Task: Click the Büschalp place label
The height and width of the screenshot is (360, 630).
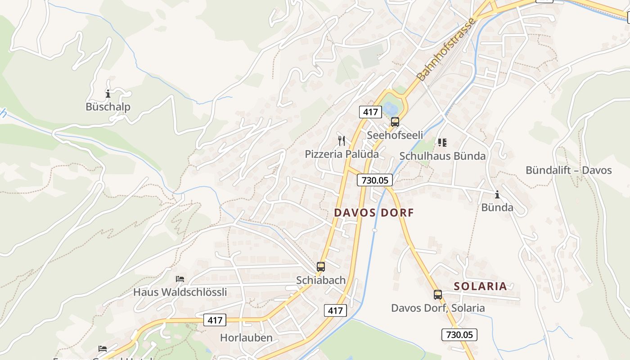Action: click(108, 107)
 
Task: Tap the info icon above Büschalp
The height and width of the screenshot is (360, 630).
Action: click(108, 94)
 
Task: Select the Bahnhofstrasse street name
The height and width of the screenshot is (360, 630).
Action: click(446, 50)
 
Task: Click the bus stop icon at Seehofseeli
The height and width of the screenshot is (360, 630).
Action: click(395, 121)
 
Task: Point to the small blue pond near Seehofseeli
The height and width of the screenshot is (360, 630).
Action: click(390, 108)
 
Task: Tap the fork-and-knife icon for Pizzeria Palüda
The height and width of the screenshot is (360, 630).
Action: click(342, 141)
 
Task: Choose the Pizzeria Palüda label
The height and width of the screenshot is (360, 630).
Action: click(342, 154)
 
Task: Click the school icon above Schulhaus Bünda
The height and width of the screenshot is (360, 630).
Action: click(442, 143)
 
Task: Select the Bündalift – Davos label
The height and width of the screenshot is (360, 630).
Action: click(569, 170)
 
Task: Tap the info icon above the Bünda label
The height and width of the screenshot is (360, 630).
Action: click(497, 194)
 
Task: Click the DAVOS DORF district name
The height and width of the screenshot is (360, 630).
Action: click(373, 212)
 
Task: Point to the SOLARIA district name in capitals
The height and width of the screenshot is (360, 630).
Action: click(480, 286)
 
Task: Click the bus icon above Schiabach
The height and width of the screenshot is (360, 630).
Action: click(321, 267)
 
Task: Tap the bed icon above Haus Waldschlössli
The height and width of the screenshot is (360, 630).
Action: click(180, 279)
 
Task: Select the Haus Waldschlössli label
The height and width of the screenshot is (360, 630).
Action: click(180, 292)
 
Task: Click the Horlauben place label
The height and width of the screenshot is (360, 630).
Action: click(246, 337)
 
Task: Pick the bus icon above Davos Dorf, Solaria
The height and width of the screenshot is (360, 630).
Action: click(438, 295)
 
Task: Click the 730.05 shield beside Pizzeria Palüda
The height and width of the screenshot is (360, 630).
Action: click(375, 180)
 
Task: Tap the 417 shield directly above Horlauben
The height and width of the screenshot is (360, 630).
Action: click(215, 320)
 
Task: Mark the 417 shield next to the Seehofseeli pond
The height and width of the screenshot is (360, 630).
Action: click(370, 112)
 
